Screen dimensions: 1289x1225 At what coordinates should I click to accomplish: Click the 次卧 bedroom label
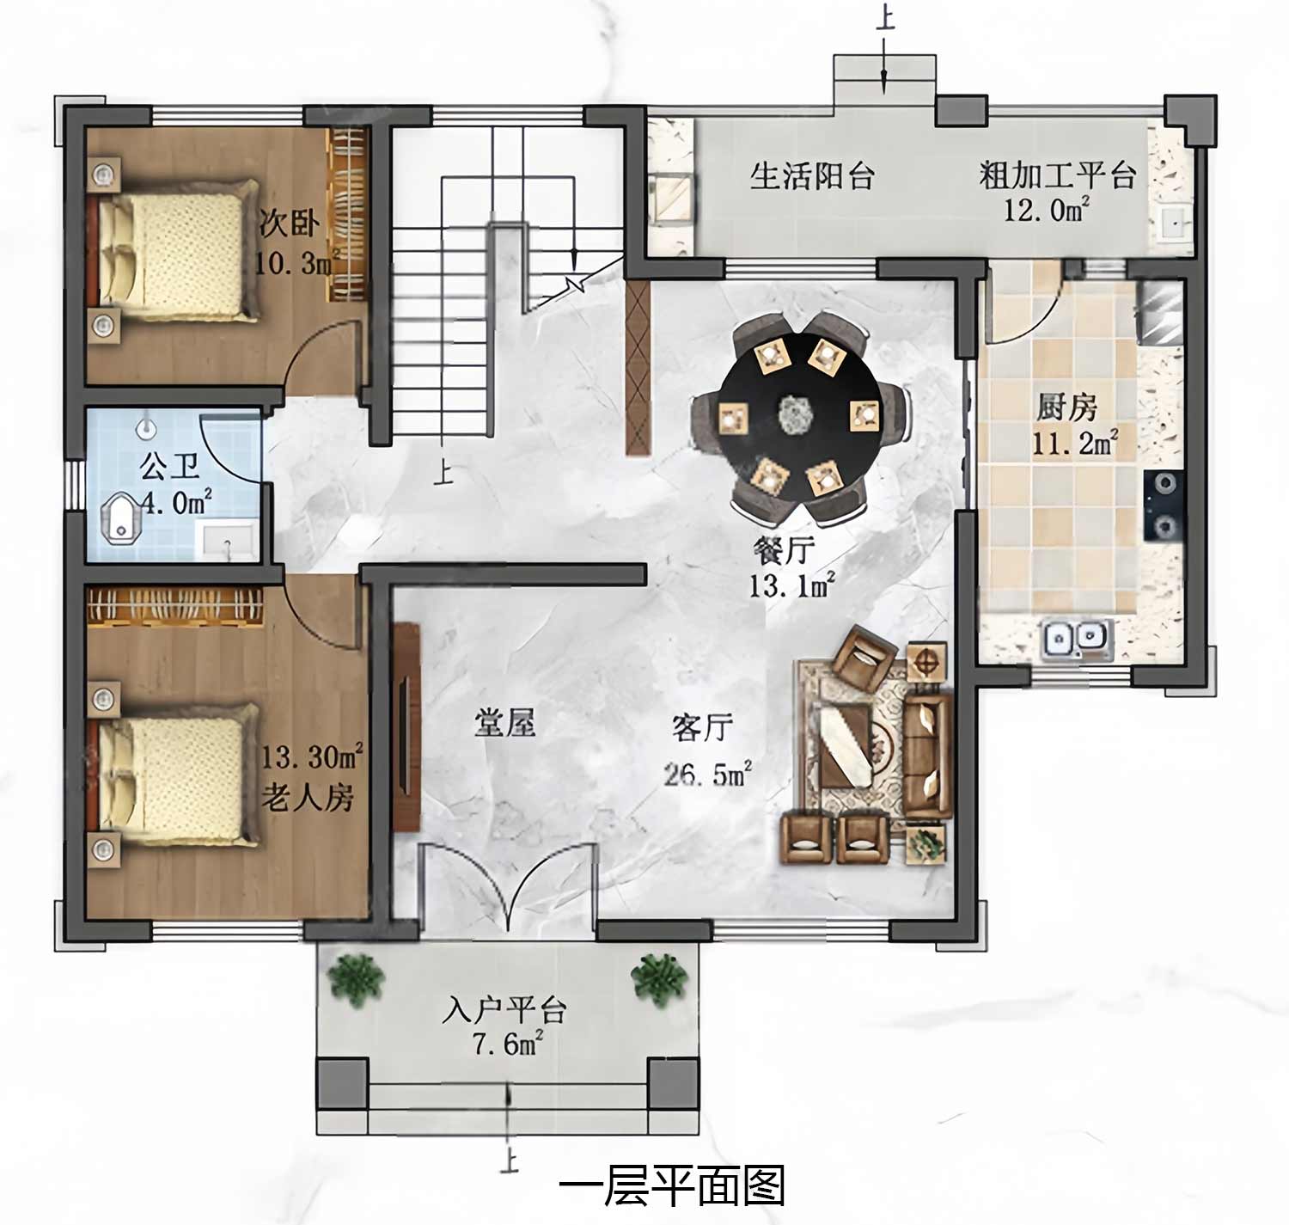tap(290, 224)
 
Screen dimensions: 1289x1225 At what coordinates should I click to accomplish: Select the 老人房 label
tap(308, 797)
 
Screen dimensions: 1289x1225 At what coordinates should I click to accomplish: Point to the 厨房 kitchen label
tap(1066, 407)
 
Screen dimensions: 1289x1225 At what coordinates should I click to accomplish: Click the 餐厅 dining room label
tap(784, 550)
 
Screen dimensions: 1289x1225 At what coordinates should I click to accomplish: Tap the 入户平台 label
tap(504, 1009)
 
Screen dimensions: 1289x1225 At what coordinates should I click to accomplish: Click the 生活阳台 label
tap(812, 176)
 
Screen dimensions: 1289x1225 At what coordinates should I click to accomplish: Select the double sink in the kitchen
tap(1076, 639)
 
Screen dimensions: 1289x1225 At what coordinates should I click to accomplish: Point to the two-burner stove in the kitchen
tap(1164, 505)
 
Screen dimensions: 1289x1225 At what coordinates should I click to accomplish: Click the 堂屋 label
tap(504, 723)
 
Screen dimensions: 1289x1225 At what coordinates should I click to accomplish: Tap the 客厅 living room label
tap(702, 727)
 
